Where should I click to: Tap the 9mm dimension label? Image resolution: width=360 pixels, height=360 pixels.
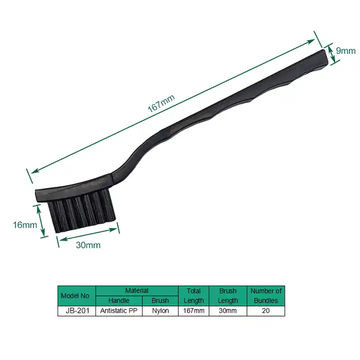pyautogui.click(x=345, y=50)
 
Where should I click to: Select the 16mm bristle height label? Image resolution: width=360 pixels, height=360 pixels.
pyautogui.click(x=25, y=224)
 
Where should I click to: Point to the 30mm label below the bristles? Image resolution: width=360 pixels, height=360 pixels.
pyautogui.click(x=88, y=244)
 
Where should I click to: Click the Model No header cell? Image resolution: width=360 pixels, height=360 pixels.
pyautogui.click(x=76, y=295)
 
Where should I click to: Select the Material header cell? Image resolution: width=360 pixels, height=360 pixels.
pyautogui.click(x=136, y=290)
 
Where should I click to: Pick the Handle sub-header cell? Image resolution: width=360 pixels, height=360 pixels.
pyautogui.click(x=118, y=300)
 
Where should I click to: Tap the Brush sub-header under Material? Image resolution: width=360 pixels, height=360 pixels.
pyautogui.click(x=160, y=300)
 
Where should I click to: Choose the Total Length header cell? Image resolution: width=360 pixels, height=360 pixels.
pyautogui.click(x=193, y=295)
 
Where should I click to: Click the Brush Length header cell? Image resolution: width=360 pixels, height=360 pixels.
pyautogui.click(x=228, y=295)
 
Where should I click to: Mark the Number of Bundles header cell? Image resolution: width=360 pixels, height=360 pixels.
pyautogui.click(x=265, y=295)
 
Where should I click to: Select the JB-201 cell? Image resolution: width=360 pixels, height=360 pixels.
pyautogui.click(x=76, y=311)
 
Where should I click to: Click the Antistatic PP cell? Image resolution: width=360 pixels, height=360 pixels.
pyautogui.click(x=118, y=311)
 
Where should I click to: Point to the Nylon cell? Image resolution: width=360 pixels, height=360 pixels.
pyautogui.click(x=160, y=311)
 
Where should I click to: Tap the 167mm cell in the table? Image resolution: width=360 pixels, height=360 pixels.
pyautogui.click(x=193, y=311)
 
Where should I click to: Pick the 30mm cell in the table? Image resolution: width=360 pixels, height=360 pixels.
pyautogui.click(x=228, y=311)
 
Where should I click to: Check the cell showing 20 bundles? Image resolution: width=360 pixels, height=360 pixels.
pyautogui.click(x=265, y=311)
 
